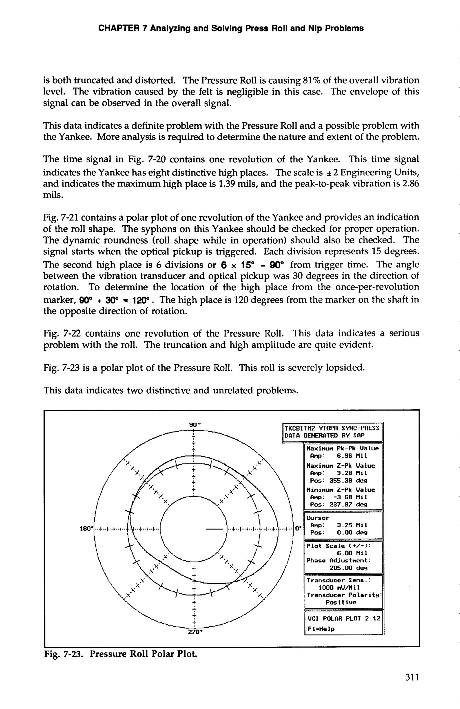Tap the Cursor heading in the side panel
click(318, 518)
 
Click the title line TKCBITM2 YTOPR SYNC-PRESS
click(332, 428)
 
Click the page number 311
click(412, 677)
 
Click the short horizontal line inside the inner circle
click(214, 529)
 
